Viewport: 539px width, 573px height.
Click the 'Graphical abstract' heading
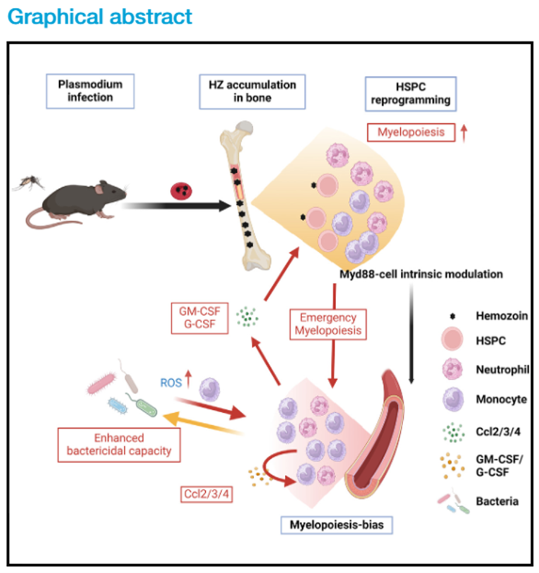[x=101, y=16]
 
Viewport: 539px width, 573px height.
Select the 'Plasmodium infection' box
[x=90, y=90]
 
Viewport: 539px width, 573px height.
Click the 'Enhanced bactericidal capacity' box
[x=119, y=444]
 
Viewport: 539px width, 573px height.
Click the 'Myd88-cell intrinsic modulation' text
[x=419, y=275]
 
